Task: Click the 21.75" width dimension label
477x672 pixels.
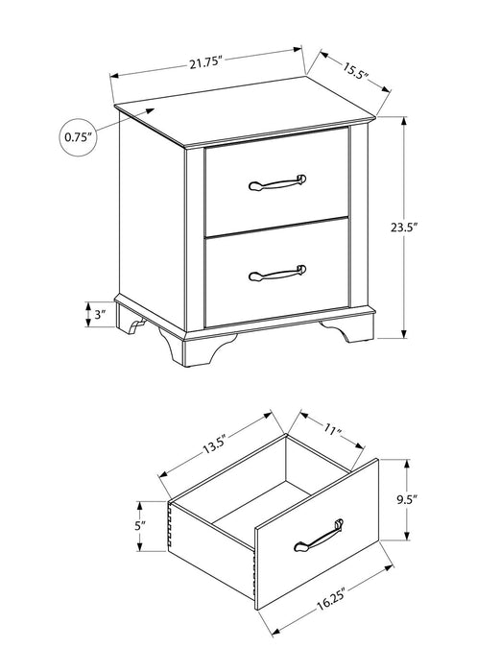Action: [x=205, y=63]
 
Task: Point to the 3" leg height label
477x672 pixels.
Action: [x=99, y=314]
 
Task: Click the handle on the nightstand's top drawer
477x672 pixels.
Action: [x=276, y=182]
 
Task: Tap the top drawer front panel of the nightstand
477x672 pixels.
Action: [x=276, y=182]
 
